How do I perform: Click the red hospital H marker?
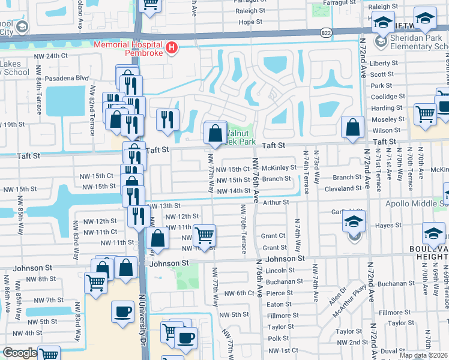pyautogui.click(x=172, y=47)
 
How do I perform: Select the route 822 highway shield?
pyautogui.click(x=325, y=32)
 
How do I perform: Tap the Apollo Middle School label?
pyautogui.click(x=414, y=205)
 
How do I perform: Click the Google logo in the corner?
pyautogui.click(x=20, y=353)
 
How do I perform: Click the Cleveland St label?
pyautogui.click(x=343, y=188)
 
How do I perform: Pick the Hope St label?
pyautogui.click(x=252, y=22)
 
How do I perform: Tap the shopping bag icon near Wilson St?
pyautogui.click(x=353, y=127)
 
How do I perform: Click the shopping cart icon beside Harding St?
pyautogui.click(x=425, y=113)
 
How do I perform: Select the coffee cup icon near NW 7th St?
pyautogui.click(x=123, y=311)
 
